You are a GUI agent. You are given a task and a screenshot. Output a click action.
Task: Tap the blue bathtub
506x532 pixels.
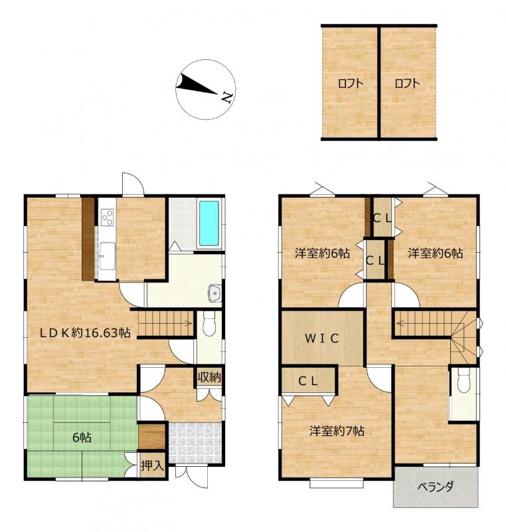(209, 223)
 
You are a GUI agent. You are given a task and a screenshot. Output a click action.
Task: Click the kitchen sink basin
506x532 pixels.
(107, 255)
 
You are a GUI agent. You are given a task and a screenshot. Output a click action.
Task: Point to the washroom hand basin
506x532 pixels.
(214, 293)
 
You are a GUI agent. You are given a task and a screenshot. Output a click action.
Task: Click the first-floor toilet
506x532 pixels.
(209, 324)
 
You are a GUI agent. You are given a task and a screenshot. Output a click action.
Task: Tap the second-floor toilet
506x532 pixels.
(464, 380)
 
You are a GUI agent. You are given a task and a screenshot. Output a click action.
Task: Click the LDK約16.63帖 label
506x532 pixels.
(85, 333)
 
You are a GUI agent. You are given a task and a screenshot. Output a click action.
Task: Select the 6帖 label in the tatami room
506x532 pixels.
(82, 438)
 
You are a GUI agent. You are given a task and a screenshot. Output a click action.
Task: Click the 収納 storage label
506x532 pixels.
(209, 377)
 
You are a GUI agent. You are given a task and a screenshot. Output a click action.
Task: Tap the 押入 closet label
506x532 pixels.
(153, 465)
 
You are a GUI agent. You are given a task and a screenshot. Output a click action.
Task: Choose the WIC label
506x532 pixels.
(321, 338)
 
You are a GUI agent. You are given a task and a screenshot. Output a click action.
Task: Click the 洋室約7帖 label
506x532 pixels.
(336, 431)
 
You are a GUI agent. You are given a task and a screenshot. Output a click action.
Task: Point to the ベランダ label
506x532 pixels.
(435, 487)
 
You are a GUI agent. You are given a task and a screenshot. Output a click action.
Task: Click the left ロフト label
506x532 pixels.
(351, 83)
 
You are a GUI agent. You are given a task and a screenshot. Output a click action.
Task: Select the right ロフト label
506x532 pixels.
(407, 83)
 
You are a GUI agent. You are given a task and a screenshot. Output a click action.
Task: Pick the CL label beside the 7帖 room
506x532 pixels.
(308, 381)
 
